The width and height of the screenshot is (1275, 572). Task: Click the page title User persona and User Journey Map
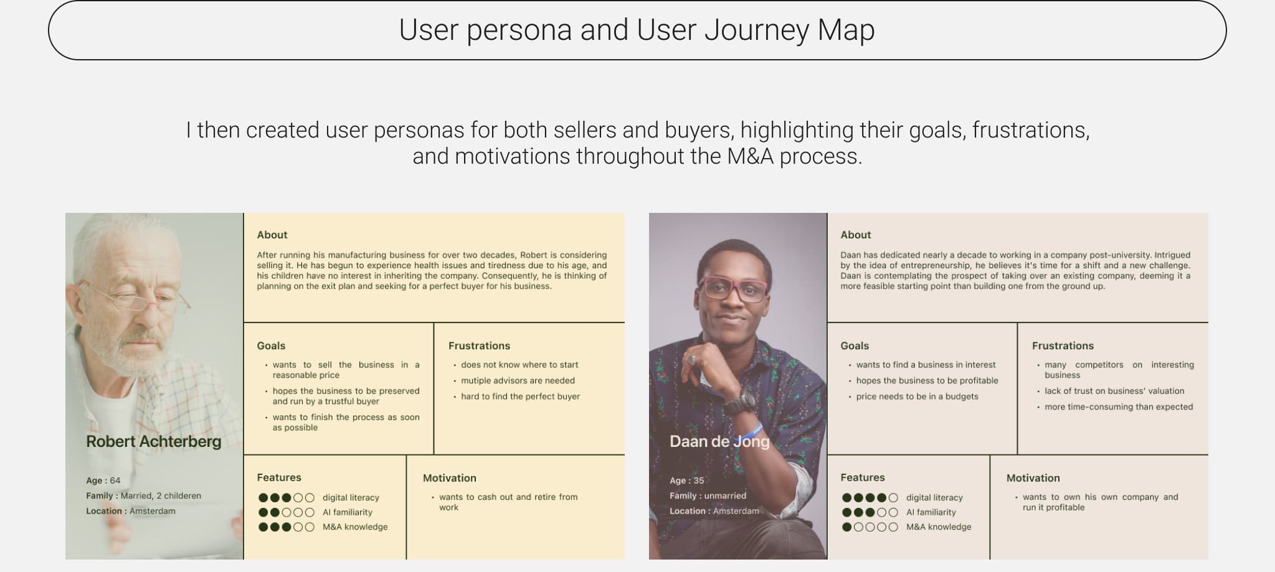(x=637, y=30)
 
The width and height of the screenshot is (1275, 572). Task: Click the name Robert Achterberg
(x=154, y=441)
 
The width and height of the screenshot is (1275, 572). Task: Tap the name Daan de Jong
(x=719, y=441)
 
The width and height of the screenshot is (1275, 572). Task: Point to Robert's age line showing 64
(x=103, y=481)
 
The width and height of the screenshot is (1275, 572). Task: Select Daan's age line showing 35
(x=687, y=481)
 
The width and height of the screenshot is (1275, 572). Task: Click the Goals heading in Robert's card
(x=271, y=345)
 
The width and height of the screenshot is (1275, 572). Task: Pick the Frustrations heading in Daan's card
(x=1063, y=345)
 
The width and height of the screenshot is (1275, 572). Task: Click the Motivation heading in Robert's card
(x=450, y=478)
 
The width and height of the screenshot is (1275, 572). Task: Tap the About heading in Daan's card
(x=856, y=235)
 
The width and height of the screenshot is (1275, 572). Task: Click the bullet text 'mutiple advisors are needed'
(x=518, y=380)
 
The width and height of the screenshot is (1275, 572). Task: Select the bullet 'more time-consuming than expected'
(x=1119, y=406)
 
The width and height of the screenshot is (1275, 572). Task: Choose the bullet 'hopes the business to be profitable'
(x=927, y=380)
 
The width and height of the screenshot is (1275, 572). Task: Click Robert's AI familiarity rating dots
(x=287, y=512)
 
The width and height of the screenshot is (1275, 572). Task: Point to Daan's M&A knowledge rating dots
(x=870, y=527)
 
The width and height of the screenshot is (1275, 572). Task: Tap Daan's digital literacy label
(x=934, y=497)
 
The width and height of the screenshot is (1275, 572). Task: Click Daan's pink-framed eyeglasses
(x=733, y=289)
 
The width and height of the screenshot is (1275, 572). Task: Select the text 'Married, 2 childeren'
(x=161, y=496)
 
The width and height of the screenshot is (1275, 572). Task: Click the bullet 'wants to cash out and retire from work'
(x=508, y=502)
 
